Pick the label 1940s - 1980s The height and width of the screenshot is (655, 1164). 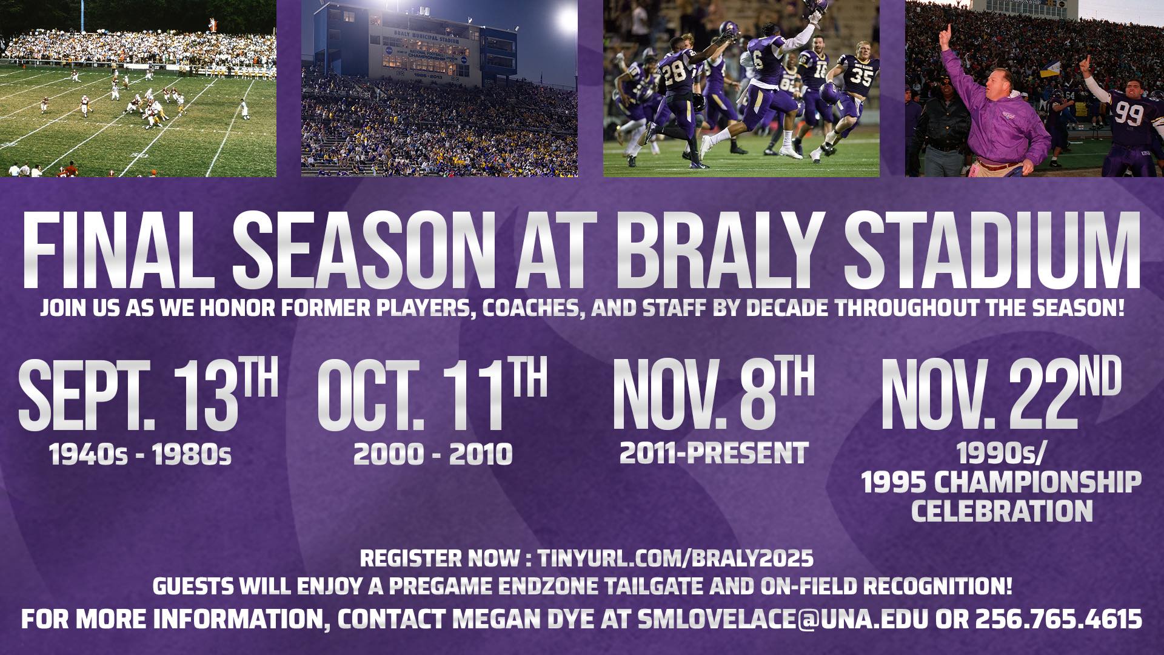pyautogui.click(x=141, y=454)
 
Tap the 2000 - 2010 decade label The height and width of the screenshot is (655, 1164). pyautogui.click(x=433, y=454)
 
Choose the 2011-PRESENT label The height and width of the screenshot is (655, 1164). pyautogui.click(x=714, y=452)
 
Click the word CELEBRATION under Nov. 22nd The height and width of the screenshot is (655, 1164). pyautogui.click(x=1002, y=511)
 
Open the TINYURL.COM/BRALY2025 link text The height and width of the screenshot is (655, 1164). pyautogui.click(x=675, y=558)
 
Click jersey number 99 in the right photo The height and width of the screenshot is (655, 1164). pyautogui.click(x=1128, y=113)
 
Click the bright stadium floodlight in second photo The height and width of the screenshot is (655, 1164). pyautogui.click(x=567, y=17)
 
